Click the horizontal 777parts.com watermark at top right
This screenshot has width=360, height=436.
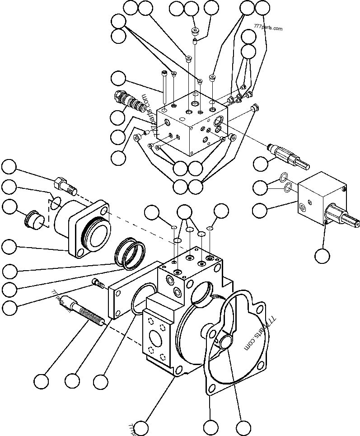[x=268, y=28]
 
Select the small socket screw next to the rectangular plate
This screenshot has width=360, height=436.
[x=97, y=283]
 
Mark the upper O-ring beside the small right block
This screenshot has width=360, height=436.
[x=282, y=177]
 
